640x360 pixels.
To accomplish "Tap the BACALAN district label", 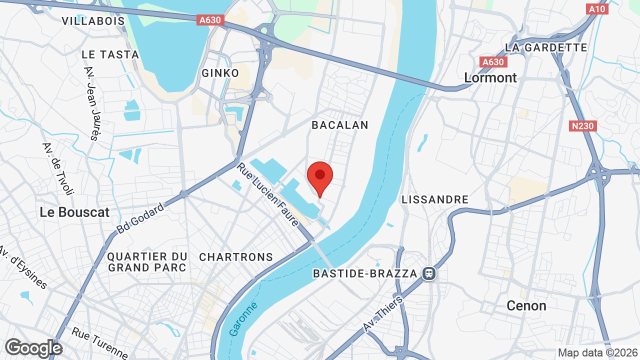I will pyautogui.click(x=340, y=125).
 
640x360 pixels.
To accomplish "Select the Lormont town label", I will pyautogui.click(x=490, y=77).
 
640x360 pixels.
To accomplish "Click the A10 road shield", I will pyautogui.click(x=597, y=8).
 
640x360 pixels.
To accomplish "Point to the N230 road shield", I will pyautogui.click(x=583, y=126).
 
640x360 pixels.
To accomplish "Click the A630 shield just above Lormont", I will pyautogui.click(x=492, y=62).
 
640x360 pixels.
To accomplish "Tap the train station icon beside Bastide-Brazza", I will pyautogui.click(x=428, y=273).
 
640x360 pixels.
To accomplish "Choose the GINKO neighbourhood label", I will pyautogui.click(x=220, y=73).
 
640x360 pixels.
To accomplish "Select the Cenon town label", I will pyautogui.click(x=526, y=305).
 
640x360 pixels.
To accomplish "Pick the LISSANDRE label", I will pyautogui.click(x=435, y=199).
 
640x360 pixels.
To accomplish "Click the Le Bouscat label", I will pyautogui.click(x=74, y=212).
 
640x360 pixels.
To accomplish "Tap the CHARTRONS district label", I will pyautogui.click(x=236, y=257).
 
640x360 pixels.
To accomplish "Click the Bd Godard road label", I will pyautogui.click(x=140, y=218).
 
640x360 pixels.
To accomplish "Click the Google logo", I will pyautogui.click(x=33, y=348).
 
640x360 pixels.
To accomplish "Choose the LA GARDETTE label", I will pyautogui.click(x=546, y=47).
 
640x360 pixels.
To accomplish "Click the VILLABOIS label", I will pyautogui.click(x=93, y=20).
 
